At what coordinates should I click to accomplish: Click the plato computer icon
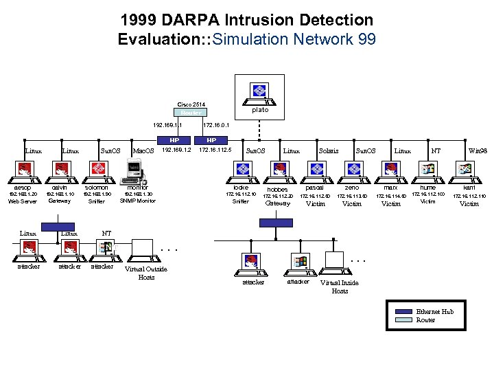[x=259, y=91]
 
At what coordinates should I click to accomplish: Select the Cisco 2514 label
[x=191, y=104]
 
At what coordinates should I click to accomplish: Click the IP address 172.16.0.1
[x=216, y=126]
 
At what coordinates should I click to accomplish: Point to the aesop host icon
[x=24, y=170]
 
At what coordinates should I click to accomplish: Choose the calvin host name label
[x=60, y=187]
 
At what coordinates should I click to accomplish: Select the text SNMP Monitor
[x=138, y=201]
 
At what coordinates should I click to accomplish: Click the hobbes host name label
[x=278, y=189]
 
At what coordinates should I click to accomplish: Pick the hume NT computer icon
[x=427, y=170]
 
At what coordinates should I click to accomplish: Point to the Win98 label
[x=478, y=150]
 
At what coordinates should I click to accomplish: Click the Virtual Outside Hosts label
[x=146, y=273]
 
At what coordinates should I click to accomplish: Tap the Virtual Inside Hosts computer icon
[x=334, y=260]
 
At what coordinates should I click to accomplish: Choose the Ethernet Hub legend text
[x=434, y=311]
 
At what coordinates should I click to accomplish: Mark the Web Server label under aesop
[x=23, y=201]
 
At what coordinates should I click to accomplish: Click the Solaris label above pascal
[x=328, y=150]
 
